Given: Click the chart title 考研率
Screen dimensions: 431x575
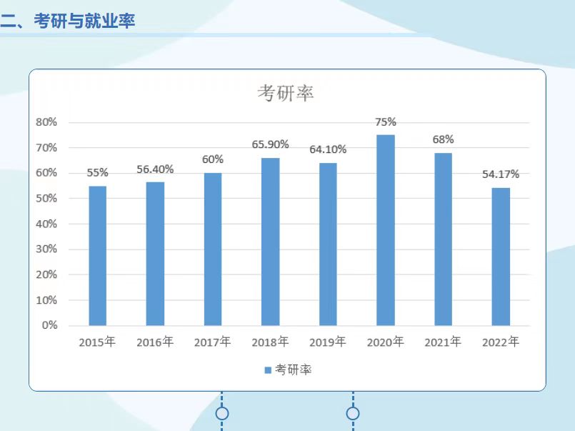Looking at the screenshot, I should point(286,93).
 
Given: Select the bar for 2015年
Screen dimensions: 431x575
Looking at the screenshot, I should point(98,255).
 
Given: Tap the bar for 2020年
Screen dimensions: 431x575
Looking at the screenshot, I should point(386,230).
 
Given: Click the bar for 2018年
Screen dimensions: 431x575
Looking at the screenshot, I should point(270,242).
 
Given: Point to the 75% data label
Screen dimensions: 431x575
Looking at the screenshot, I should point(386,122).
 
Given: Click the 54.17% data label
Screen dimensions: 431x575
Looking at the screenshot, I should point(501,174).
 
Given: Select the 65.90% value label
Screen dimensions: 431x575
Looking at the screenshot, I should point(270,144).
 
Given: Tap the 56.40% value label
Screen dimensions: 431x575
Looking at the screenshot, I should point(155,169).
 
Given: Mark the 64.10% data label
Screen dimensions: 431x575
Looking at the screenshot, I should point(328,149).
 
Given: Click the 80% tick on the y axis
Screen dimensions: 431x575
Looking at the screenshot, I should point(46,122).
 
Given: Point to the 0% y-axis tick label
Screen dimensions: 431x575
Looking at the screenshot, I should point(49,325).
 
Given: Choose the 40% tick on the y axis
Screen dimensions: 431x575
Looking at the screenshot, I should point(46,224).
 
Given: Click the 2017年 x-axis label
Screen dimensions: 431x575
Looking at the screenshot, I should point(212,342).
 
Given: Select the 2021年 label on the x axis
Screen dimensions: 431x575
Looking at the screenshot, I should point(443,342).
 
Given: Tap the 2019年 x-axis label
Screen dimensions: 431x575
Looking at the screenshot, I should point(328,342).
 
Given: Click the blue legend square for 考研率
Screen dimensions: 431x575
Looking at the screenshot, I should point(268,370).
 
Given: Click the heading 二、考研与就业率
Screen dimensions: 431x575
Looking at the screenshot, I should point(68,21).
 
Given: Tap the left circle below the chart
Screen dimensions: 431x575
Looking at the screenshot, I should point(222,413).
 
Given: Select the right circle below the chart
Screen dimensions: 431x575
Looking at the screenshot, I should point(353,413).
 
